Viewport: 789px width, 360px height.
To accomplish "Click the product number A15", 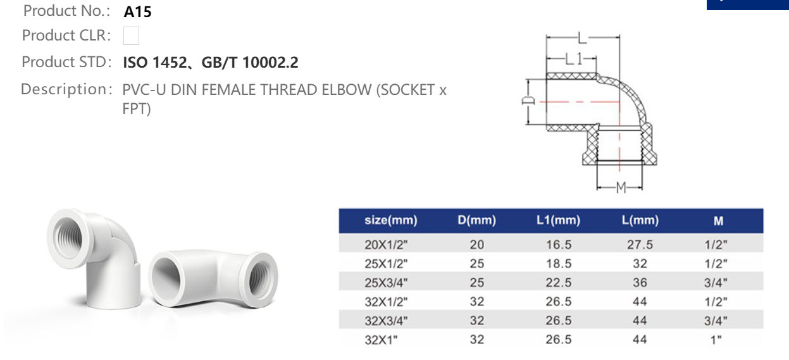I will (137, 12).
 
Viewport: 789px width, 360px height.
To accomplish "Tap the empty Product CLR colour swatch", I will (131, 36).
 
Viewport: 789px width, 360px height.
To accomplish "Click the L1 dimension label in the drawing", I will (573, 59).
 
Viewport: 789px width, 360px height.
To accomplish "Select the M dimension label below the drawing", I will (621, 187).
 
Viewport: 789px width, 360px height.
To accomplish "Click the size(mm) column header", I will (390, 221).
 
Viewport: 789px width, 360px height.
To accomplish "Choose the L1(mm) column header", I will (557, 221).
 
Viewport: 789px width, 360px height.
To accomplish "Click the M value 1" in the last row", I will (716, 340).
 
